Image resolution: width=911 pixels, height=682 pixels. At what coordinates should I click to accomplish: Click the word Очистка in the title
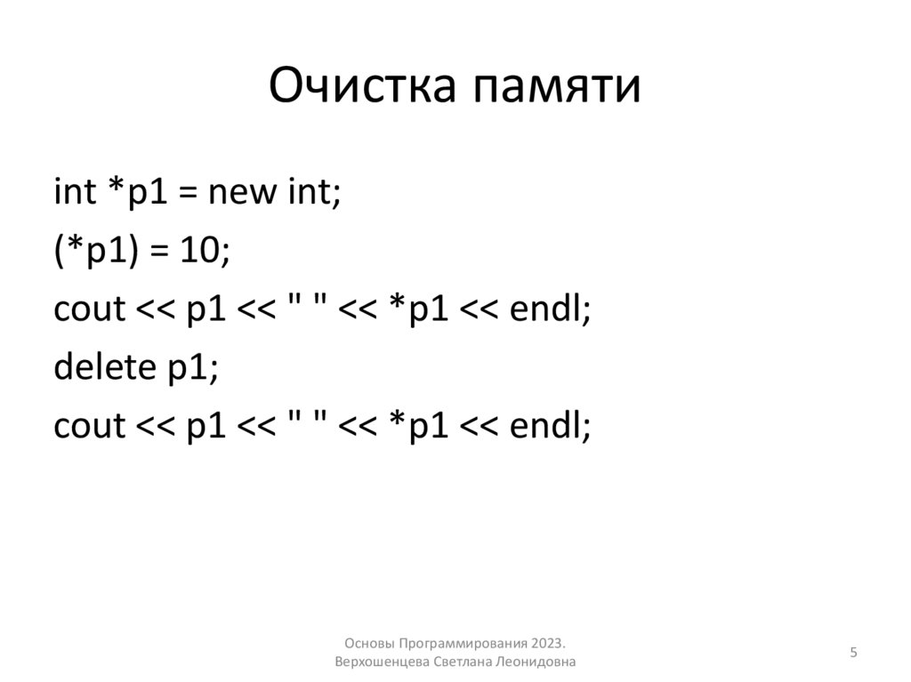tap(361, 87)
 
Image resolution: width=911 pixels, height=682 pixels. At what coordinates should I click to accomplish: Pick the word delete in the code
tap(102, 368)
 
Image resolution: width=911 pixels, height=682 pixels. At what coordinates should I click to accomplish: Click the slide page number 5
tap(853, 653)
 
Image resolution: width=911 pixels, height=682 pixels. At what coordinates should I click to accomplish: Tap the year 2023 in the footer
tap(548, 643)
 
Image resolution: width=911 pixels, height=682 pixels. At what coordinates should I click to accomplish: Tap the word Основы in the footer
tap(366, 643)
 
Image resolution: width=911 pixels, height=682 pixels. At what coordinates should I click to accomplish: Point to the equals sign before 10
tap(158, 253)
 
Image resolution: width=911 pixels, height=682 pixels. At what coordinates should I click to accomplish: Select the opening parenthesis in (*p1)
tap(59, 253)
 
